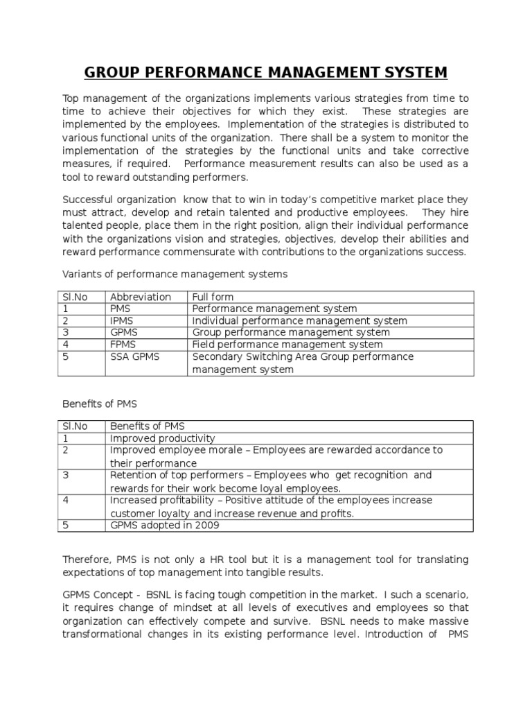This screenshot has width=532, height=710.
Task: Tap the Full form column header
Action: click(x=213, y=297)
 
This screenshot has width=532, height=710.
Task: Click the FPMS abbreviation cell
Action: click(x=125, y=344)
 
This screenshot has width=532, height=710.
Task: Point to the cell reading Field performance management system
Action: click(x=287, y=344)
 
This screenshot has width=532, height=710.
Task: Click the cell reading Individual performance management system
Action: click(x=299, y=320)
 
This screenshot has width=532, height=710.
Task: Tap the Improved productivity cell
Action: click(x=162, y=438)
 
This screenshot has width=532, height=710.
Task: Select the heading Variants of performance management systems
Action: click(x=174, y=274)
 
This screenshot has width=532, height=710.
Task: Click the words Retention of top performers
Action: click(x=180, y=475)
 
